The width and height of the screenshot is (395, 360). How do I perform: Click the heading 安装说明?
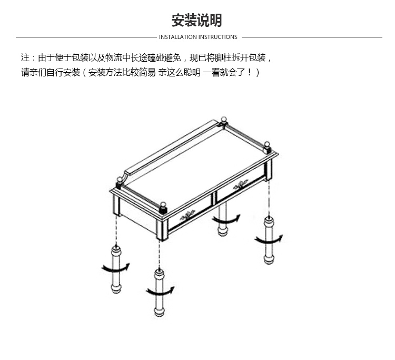(197, 20)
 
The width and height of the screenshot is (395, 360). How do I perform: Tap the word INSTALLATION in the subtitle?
(177, 37)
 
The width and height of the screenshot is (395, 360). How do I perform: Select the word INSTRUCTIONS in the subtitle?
(218, 37)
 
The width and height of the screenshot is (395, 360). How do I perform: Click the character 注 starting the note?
(25, 57)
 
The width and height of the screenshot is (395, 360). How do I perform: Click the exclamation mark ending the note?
(249, 73)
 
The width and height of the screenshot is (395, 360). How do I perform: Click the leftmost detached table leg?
(116, 268)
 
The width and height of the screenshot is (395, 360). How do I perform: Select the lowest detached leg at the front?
(159, 293)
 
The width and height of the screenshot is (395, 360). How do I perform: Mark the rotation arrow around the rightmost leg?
(269, 240)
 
